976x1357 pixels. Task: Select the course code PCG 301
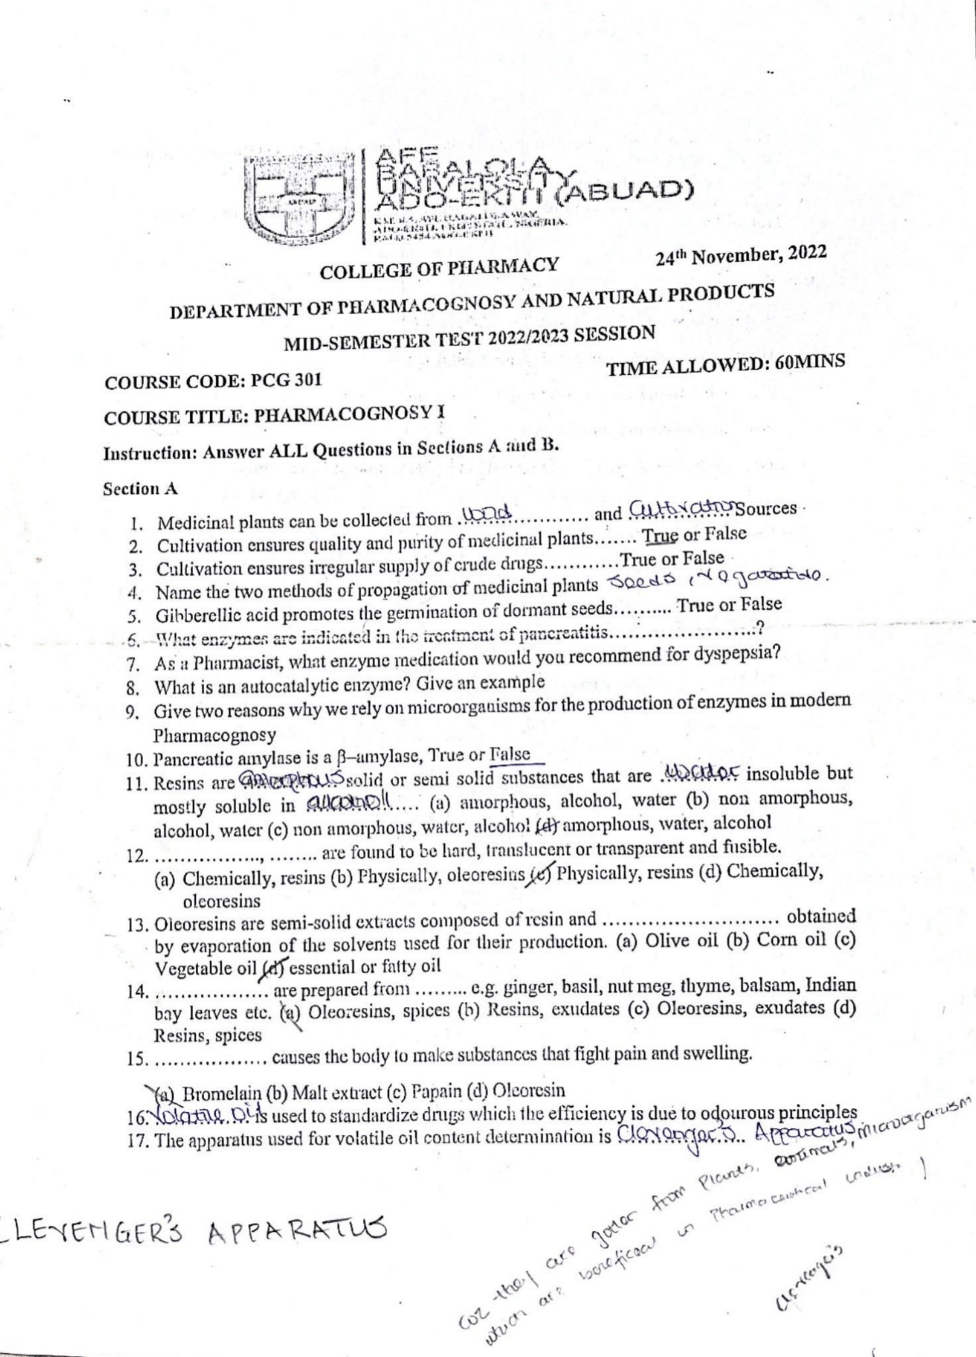[x=287, y=380]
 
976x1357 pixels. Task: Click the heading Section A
[x=140, y=489]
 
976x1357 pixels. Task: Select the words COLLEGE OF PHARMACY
[x=439, y=268]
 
